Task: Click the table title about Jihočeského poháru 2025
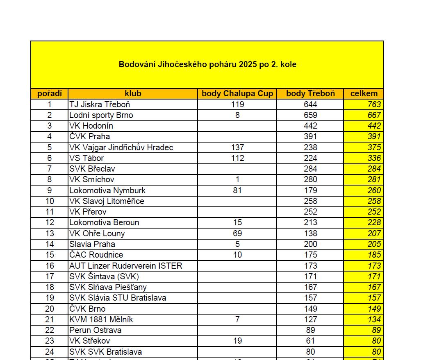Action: [207, 65]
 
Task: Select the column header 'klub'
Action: [133, 94]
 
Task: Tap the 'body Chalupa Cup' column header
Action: [237, 94]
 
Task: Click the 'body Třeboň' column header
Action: [310, 94]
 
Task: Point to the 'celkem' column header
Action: [364, 94]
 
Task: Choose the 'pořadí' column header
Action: [50, 94]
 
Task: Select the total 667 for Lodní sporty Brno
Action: [374, 115]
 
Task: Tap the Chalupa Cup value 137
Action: [237, 147]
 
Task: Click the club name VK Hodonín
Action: [91, 126]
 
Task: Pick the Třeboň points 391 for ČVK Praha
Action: [310, 136]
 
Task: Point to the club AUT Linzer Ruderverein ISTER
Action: [125, 266]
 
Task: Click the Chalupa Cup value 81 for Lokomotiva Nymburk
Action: [237, 190]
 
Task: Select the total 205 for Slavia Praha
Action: [374, 244]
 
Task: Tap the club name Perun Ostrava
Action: [95, 330]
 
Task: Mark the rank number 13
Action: [50, 233]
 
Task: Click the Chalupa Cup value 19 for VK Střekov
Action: [237, 341]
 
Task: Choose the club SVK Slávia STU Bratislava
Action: [118, 298]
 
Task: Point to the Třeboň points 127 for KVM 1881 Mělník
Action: [310, 319]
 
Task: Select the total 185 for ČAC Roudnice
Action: [374, 255]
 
